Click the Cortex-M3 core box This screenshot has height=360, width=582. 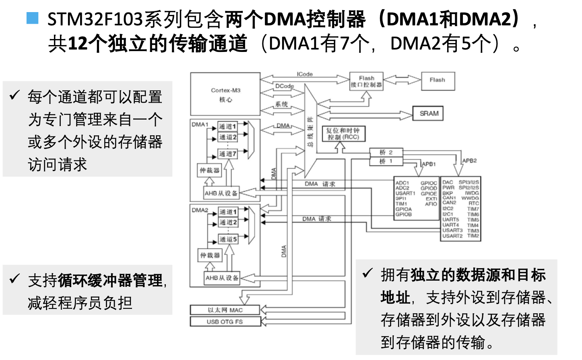(225, 94)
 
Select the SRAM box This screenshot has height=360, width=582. (428, 114)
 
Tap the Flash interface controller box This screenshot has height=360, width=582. (366, 81)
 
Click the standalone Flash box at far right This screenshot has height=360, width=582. (438, 81)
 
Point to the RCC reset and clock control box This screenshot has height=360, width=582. (343, 134)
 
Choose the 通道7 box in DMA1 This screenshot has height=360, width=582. (228, 154)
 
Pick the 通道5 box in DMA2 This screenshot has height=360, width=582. (228, 239)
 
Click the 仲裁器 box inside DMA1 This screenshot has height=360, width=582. (210, 170)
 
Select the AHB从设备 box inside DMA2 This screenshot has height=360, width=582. (222, 278)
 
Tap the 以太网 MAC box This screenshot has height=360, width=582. (225, 310)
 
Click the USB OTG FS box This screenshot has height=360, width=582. (225, 322)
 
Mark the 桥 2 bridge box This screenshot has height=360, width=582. (386, 152)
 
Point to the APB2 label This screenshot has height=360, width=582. (469, 161)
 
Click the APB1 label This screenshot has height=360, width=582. (429, 164)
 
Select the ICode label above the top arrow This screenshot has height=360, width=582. (305, 74)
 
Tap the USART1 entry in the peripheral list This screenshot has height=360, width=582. (405, 193)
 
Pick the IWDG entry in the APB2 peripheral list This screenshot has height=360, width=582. (472, 193)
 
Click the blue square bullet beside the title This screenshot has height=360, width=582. (33, 19)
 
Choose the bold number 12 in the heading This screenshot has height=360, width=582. (78, 43)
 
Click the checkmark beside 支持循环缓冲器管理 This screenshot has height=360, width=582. (14, 279)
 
